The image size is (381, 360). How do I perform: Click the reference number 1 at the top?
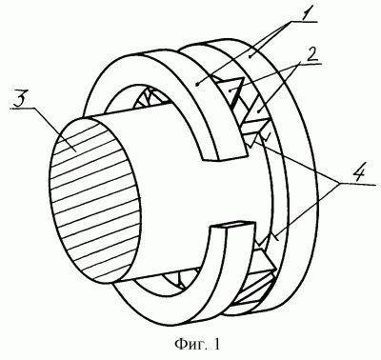tap(304, 13)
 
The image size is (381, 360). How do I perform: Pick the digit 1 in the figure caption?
tap(216, 344)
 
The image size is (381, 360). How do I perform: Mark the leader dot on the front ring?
tap(198, 85)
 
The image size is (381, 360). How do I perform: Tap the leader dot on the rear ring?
tap(251, 56)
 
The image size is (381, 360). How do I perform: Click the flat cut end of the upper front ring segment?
tap(223, 155)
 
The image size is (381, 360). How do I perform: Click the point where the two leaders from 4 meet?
tap(339, 183)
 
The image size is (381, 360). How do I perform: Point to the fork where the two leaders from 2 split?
tap(299, 64)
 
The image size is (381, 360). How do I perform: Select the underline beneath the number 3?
tap(23, 109)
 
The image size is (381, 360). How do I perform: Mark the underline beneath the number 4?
tap(356, 184)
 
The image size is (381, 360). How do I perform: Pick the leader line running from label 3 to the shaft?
tap(54, 129)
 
